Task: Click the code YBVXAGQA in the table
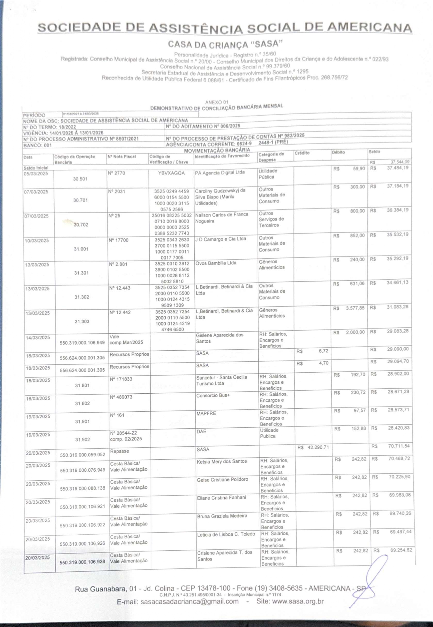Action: pos(171,173)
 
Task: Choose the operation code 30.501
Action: pos(80,179)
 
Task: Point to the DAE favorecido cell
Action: pos(201,431)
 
